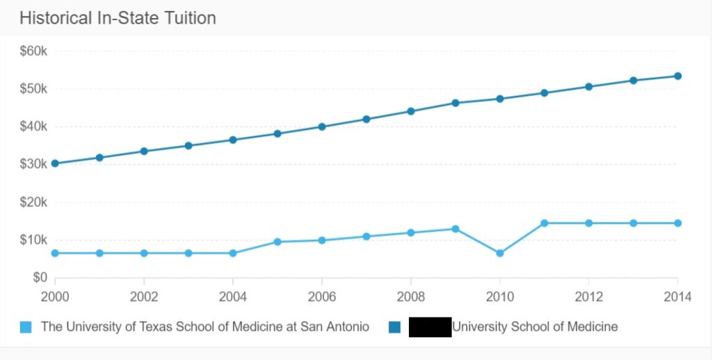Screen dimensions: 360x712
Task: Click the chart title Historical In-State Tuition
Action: (118, 18)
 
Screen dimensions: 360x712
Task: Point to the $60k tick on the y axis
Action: (33, 51)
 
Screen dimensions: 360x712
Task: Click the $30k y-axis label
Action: (33, 164)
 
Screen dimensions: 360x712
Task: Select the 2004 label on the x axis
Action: (233, 297)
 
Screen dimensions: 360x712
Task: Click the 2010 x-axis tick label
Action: (499, 297)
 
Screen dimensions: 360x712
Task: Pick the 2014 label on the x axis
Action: (677, 297)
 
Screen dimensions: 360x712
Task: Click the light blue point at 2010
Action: (499, 253)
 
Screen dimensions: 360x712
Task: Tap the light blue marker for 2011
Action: (544, 223)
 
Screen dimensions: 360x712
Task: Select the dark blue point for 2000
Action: (55, 164)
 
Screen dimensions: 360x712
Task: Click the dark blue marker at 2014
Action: (677, 76)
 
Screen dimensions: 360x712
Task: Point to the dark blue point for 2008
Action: (411, 111)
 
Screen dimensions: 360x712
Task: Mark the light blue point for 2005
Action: (277, 242)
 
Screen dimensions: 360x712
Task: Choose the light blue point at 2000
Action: (55, 253)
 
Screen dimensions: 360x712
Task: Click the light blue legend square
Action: (26, 327)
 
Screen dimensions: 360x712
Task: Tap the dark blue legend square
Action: (395, 327)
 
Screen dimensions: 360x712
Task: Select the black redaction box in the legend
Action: (430, 327)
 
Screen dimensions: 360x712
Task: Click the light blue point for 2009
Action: (455, 229)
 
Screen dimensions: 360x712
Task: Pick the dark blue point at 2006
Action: (322, 126)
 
